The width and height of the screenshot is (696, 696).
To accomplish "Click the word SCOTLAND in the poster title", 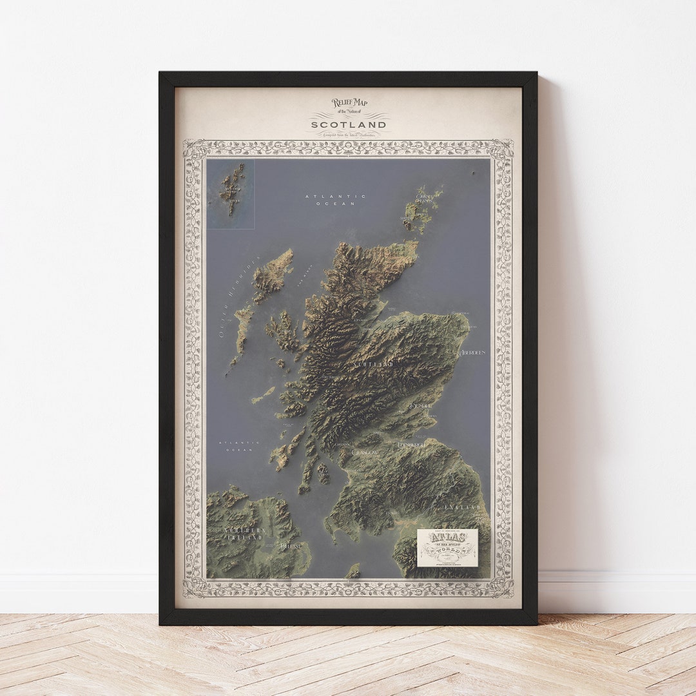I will (x=349, y=124).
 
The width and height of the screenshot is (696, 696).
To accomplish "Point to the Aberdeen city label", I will (x=472, y=353).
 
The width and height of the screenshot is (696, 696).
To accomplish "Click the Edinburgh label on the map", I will (x=411, y=445).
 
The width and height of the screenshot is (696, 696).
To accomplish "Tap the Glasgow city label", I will (x=365, y=453).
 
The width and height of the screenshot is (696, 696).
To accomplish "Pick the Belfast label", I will (x=291, y=546).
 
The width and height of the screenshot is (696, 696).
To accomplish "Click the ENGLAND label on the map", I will (x=462, y=508).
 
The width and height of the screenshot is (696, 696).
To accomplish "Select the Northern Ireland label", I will (x=244, y=534).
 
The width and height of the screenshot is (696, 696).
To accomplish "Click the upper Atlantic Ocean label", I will (x=335, y=200).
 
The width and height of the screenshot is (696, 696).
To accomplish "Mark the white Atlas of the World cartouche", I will (x=447, y=548).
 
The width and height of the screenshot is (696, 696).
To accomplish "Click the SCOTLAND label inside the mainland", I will (x=372, y=365).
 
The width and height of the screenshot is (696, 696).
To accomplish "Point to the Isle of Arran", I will (x=323, y=474).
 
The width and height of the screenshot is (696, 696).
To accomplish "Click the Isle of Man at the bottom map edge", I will (x=353, y=571).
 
